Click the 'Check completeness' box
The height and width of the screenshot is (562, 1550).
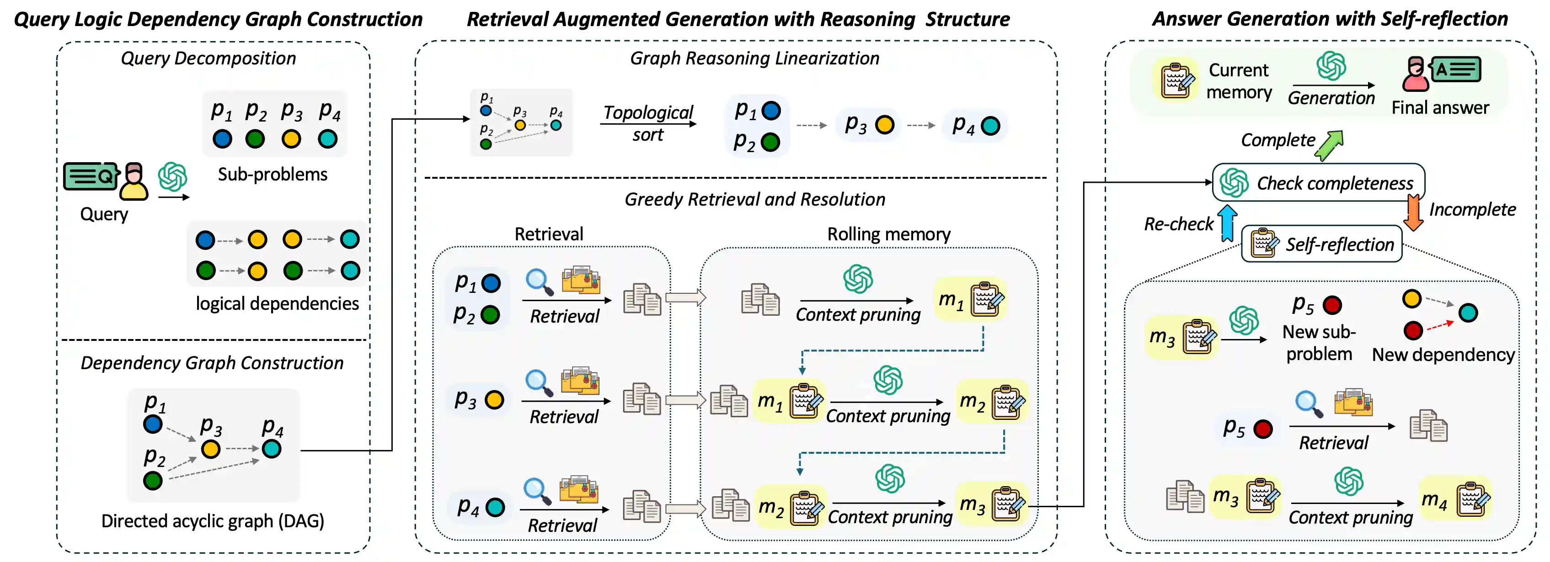point(1318,182)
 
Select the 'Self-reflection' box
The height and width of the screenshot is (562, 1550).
point(1322,244)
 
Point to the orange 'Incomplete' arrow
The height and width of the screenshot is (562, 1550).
point(1413,212)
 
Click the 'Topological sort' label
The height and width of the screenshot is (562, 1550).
point(647,123)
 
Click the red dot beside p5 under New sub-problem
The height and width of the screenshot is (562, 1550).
point(1332,305)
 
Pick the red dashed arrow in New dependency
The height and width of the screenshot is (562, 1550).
point(1440,325)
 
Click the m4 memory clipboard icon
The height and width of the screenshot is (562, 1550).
point(1473,499)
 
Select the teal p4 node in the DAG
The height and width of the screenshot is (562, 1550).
point(272,448)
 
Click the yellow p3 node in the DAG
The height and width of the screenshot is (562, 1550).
point(211,449)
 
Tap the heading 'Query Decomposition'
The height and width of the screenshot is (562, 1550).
point(208,58)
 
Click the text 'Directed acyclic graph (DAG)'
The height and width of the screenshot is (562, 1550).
point(213,520)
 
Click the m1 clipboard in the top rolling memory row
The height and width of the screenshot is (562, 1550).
point(986,299)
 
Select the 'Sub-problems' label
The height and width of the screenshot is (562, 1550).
point(273,174)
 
